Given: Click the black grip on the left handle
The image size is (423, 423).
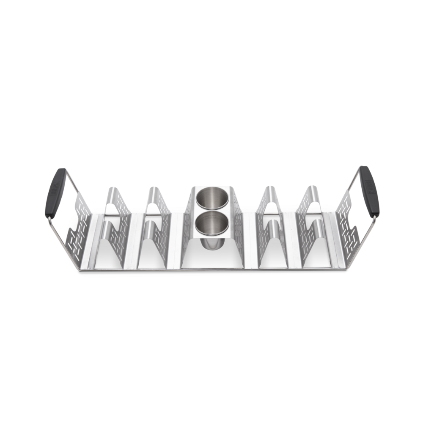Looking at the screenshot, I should tap(55, 193).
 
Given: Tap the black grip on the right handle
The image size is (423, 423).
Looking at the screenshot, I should tap(369, 191).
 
